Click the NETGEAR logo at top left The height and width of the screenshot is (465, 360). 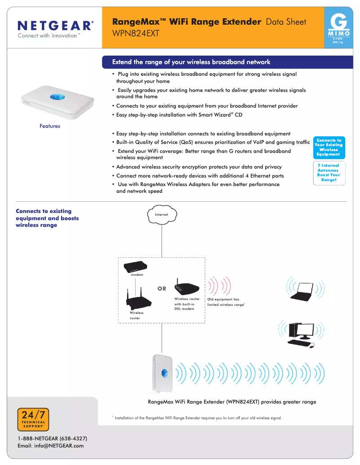pos(55,26)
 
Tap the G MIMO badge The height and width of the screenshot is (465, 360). pos(341,27)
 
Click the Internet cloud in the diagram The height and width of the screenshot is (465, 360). pos(162,214)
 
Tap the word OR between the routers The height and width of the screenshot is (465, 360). pos(162,289)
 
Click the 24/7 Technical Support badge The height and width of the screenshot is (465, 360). pos(33,420)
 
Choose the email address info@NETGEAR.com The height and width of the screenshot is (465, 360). pos(50,446)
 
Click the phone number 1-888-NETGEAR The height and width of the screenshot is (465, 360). pos(52,438)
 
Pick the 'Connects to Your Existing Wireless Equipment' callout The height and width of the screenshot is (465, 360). pos(328,147)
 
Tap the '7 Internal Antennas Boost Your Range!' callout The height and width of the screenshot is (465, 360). pos(329,173)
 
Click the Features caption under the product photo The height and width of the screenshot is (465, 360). pos(50,126)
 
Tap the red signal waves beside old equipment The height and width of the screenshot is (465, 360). pos(220,284)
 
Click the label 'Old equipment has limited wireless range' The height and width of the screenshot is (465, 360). pos(225,302)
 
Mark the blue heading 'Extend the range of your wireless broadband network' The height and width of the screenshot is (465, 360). pos(191,62)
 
